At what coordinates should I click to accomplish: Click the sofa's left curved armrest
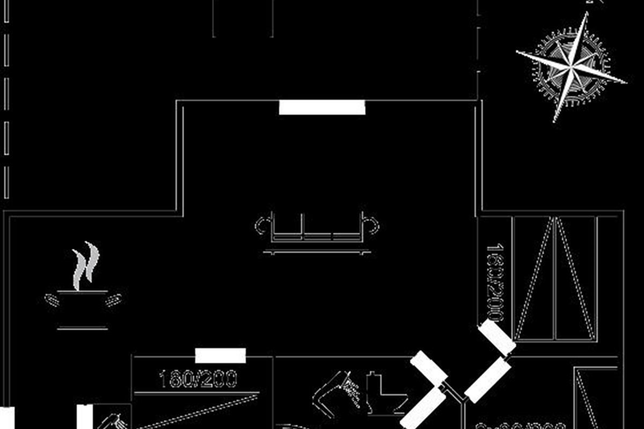261,226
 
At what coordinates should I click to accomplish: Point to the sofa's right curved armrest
372,226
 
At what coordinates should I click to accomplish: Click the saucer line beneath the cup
83,328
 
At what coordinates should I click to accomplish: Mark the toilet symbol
383,394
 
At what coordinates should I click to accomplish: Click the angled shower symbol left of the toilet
338,391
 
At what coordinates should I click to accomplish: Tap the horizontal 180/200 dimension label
198,380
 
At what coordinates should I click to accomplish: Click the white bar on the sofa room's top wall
322,107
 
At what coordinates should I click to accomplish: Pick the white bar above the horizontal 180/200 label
220,356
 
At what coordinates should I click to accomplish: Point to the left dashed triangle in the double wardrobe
534,279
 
